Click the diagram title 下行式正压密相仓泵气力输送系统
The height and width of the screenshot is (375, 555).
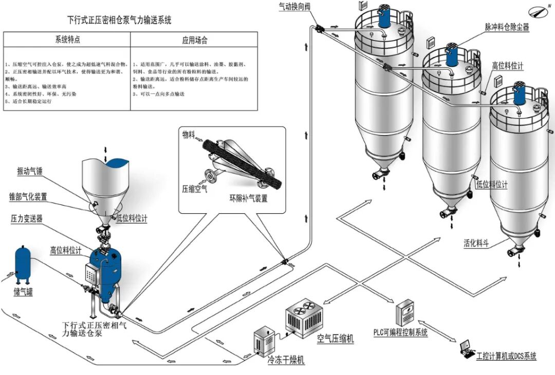(120, 21)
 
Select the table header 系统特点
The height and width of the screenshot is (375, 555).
(67, 40)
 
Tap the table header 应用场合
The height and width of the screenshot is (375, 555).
(195, 40)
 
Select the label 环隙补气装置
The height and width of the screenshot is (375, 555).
(248, 198)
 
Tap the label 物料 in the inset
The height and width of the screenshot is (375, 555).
(189, 135)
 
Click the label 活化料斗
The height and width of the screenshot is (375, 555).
(475, 243)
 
